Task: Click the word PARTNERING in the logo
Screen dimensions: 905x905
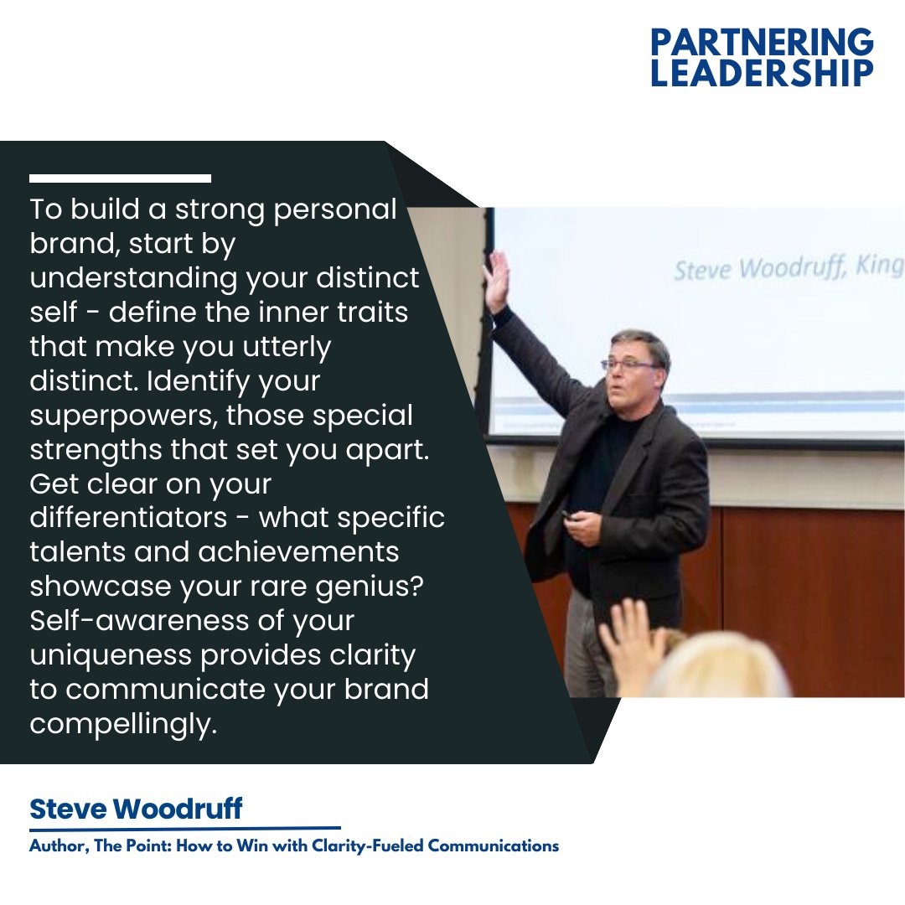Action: tap(762, 41)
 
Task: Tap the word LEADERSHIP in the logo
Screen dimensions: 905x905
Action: tap(762, 72)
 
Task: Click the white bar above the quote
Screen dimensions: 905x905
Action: tap(120, 178)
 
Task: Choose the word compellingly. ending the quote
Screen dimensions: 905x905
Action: tap(123, 724)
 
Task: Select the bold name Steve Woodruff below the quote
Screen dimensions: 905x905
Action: tap(136, 809)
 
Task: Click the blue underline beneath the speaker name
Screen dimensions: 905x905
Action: tap(185, 828)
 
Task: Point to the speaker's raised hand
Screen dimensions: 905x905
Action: tap(497, 282)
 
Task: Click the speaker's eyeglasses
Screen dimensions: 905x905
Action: tap(629, 365)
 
